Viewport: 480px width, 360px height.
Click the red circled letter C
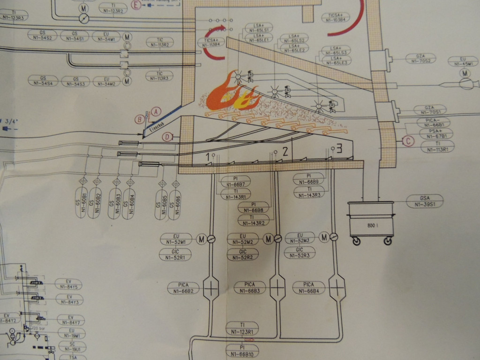(x=408, y=140)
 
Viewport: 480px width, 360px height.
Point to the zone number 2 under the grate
(x=285, y=150)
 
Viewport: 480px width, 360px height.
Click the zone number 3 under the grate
(x=339, y=149)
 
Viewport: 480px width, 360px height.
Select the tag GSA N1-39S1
(x=425, y=201)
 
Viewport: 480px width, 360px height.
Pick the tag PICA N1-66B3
(x=250, y=288)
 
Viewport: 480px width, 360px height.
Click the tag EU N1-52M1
(x=176, y=239)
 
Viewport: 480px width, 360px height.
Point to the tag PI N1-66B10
(x=242, y=351)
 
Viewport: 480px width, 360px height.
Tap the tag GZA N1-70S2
(x=420, y=59)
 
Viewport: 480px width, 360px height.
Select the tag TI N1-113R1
(x=437, y=147)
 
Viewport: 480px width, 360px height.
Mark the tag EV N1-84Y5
(x=68, y=284)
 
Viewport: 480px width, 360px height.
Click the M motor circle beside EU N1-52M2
(x=268, y=239)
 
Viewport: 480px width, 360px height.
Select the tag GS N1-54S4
(x=43, y=81)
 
